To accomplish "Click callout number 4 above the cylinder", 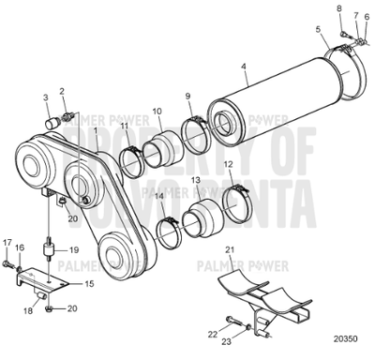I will pos(245,67).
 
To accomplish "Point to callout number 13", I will pos(194,178).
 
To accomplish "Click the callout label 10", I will pos(157,111).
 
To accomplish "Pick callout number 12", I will pos(229,166).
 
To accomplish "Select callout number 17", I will pos(7,243).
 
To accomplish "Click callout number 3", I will pos(45,97).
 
